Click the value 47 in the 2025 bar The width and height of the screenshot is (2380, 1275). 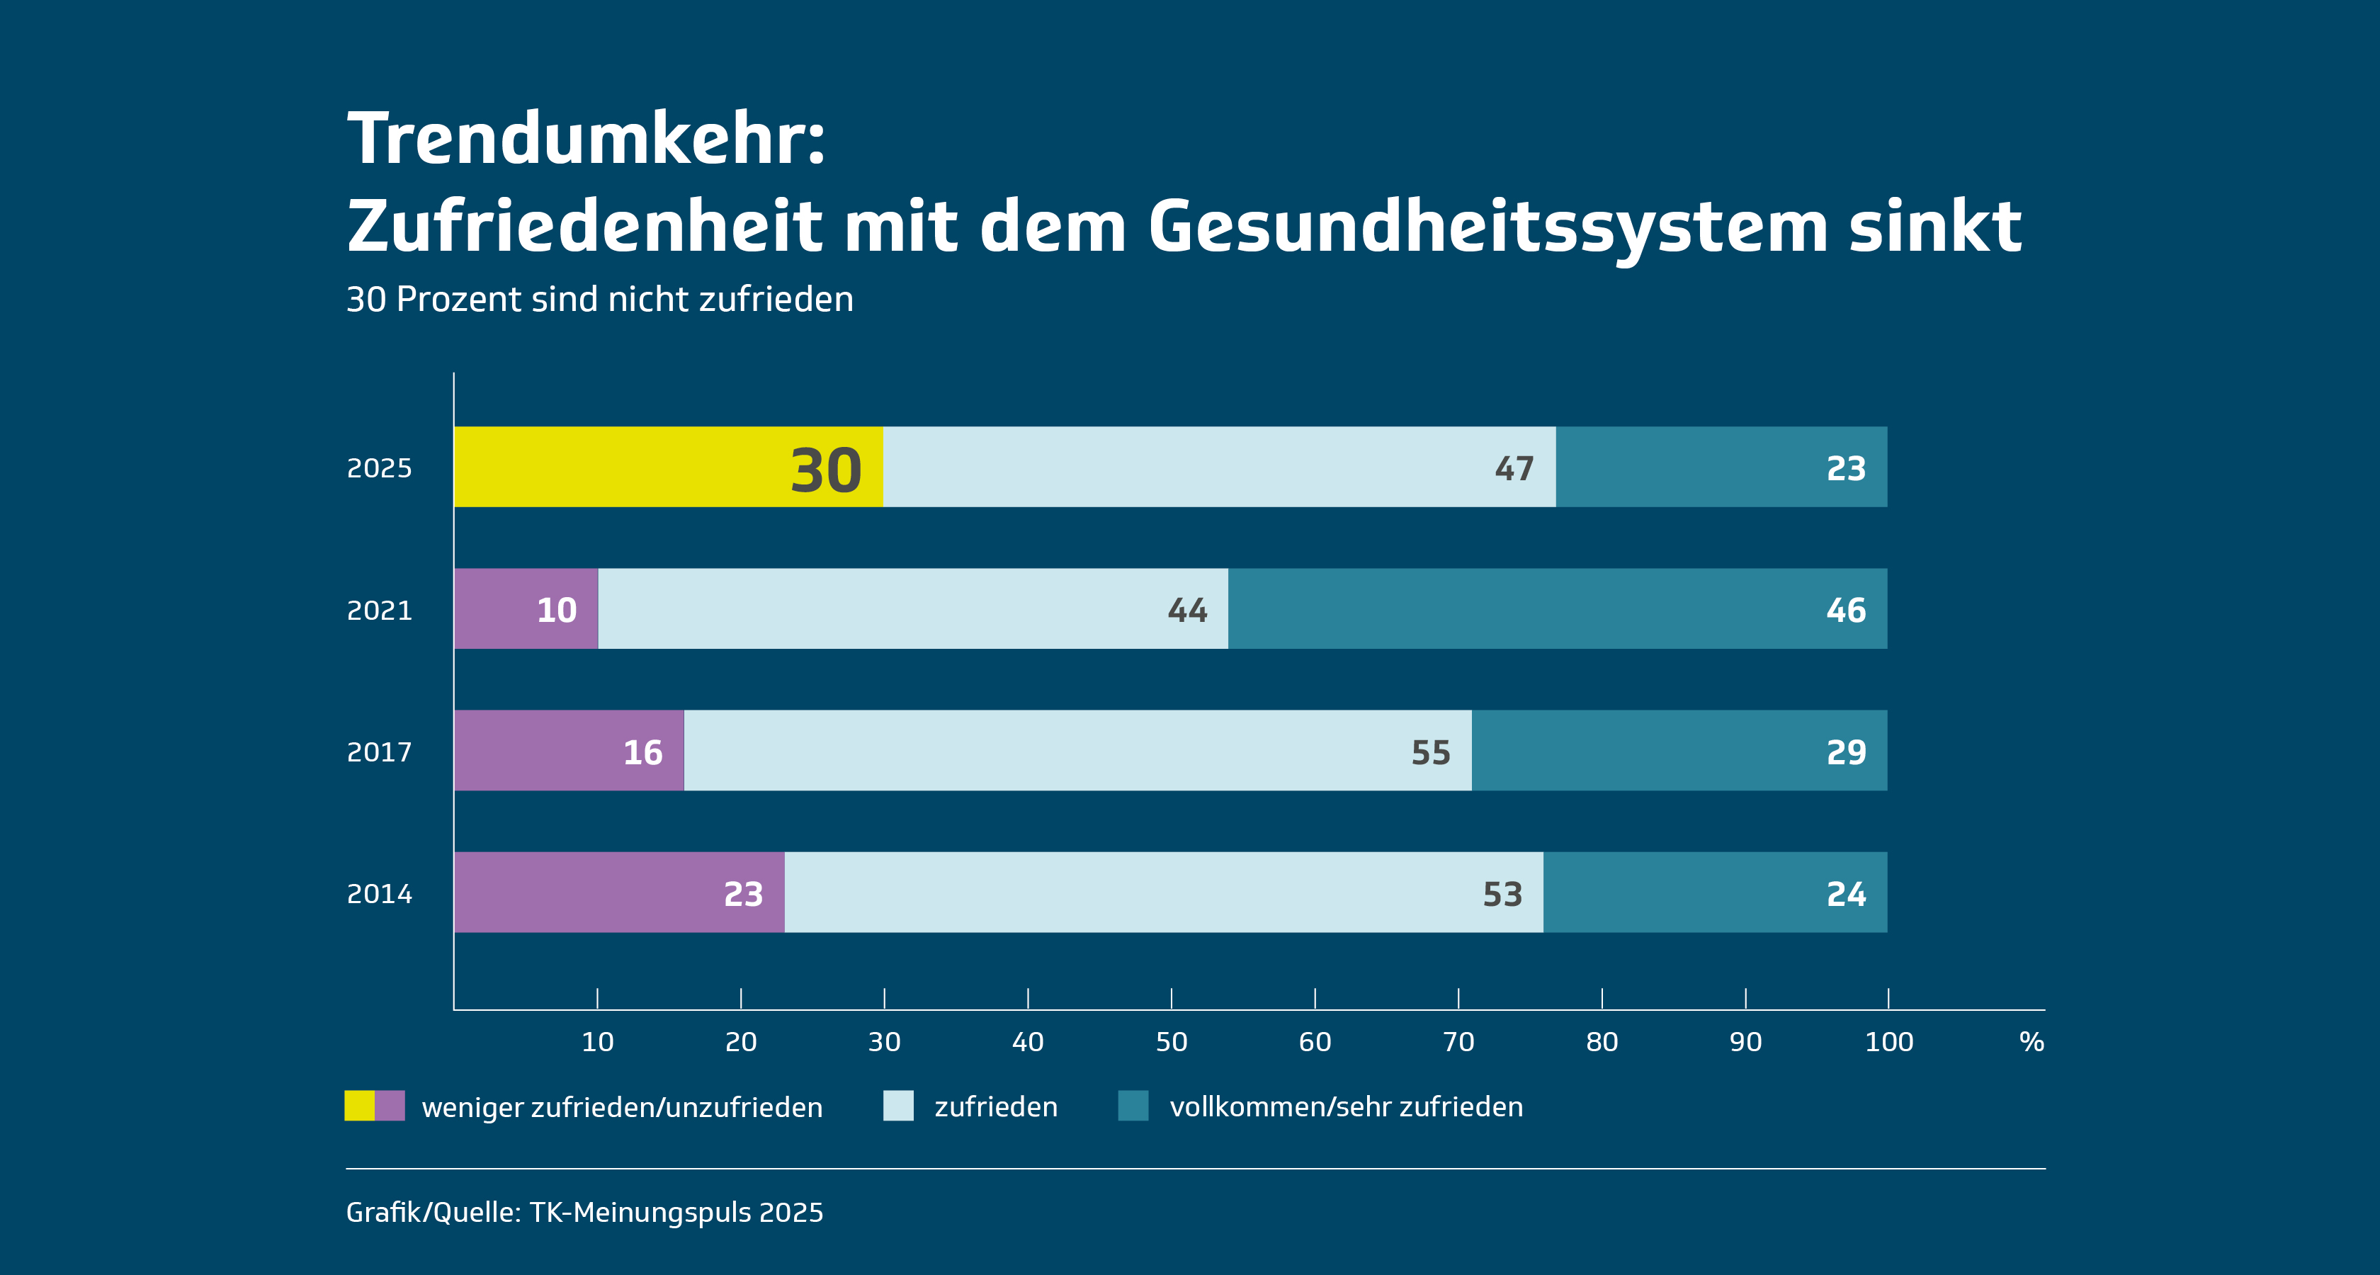click(x=1514, y=468)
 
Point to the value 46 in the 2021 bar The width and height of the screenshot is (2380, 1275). click(x=1846, y=610)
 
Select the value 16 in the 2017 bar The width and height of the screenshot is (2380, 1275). click(x=643, y=752)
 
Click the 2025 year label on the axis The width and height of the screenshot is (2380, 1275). click(x=379, y=468)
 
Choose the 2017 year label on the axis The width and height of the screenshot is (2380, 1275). click(x=379, y=752)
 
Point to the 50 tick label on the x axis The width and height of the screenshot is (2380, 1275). click(x=1172, y=1042)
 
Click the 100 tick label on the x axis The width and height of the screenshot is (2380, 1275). click(x=1888, y=1042)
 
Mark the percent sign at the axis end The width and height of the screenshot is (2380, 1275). click(x=2031, y=1042)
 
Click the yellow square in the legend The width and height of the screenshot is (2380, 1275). click(x=359, y=1106)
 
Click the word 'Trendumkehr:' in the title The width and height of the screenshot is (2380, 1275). click(x=586, y=139)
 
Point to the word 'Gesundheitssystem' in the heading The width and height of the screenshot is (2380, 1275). click(x=1487, y=227)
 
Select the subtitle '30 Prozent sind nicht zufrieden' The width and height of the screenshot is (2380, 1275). click(x=600, y=300)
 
